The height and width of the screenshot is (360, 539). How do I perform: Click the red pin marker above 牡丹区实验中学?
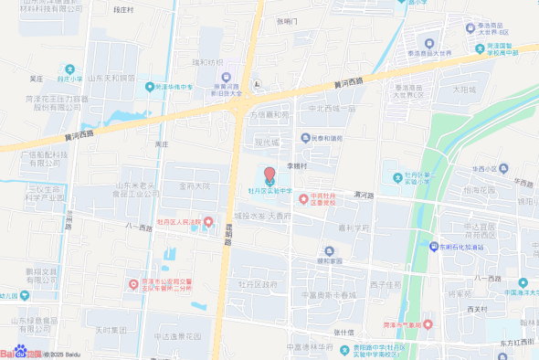269,175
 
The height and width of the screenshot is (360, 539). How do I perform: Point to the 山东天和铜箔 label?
112,78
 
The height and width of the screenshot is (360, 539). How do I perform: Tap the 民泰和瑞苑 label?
326,138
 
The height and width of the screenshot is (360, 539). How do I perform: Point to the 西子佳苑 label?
386,284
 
